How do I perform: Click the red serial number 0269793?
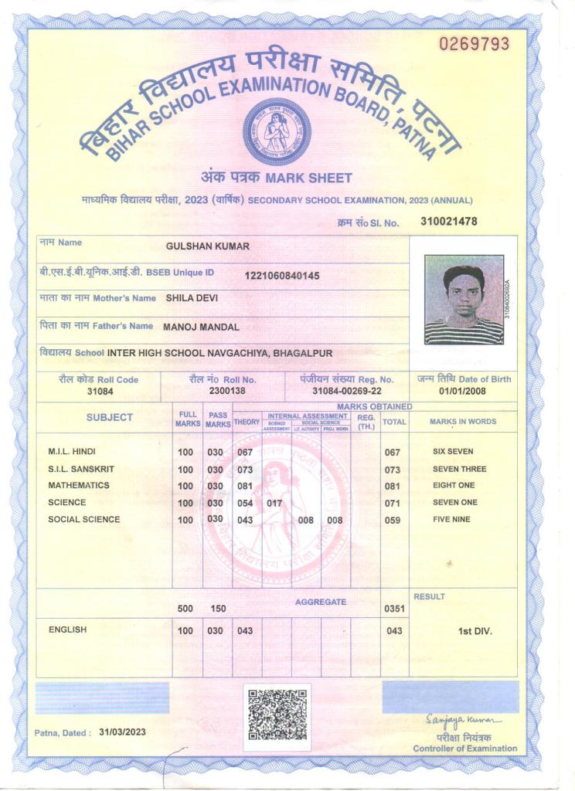pos(475,44)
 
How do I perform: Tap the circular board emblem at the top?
pos(277,132)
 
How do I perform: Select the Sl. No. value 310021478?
pos(448,222)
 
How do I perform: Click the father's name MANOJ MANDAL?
pos(201,327)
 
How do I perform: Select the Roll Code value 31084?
pos(98,392)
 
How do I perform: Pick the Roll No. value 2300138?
pos(226,392)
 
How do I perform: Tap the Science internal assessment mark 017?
pos(274,503)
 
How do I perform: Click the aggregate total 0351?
pos(394,609)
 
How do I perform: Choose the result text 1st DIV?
pos(475,631)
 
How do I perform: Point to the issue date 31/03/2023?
pos(122,732)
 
